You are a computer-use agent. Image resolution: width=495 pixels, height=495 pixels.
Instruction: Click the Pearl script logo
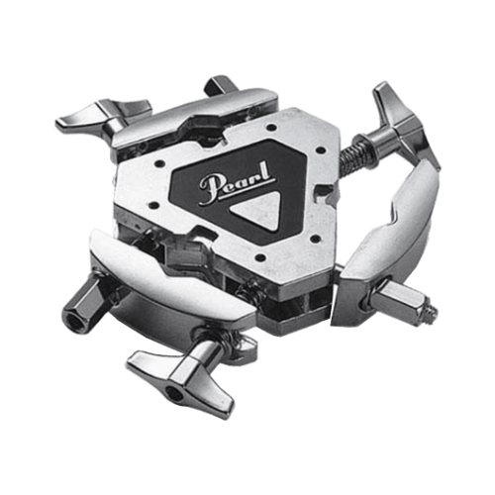coord(237,184)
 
